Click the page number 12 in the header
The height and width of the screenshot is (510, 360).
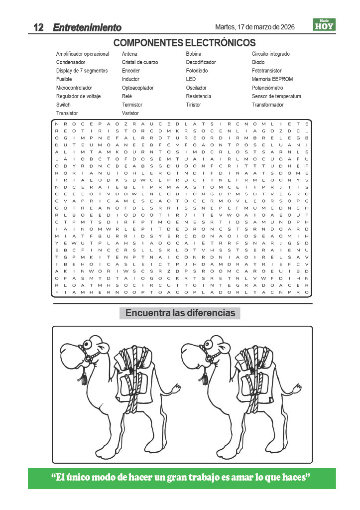[x=39, y=27]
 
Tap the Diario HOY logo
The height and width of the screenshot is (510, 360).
[x=324, y=24]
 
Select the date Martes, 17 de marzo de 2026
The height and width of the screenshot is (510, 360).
[x=254, y=27]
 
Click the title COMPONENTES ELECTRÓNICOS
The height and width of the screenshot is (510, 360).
[x=185, y=42]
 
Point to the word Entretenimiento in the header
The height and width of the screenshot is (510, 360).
[x=87, y=28]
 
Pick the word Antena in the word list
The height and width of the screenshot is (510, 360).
[x=129, y=54]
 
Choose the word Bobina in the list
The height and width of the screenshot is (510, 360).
[x=194, y=54]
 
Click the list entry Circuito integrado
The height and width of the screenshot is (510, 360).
[x=271, y=54]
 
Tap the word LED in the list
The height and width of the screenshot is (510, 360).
[x=191, y=79]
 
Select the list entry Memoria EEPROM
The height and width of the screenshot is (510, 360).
[x=272, y=79]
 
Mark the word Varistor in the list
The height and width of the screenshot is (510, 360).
[x=130, y=113]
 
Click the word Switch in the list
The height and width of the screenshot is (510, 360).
[x=63, y=105]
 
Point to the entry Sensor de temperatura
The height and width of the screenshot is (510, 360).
[x=276, y=96]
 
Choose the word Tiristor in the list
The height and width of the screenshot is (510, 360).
[x=194, y=105]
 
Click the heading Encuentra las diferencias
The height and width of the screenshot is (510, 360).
[x=180, y=313]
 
